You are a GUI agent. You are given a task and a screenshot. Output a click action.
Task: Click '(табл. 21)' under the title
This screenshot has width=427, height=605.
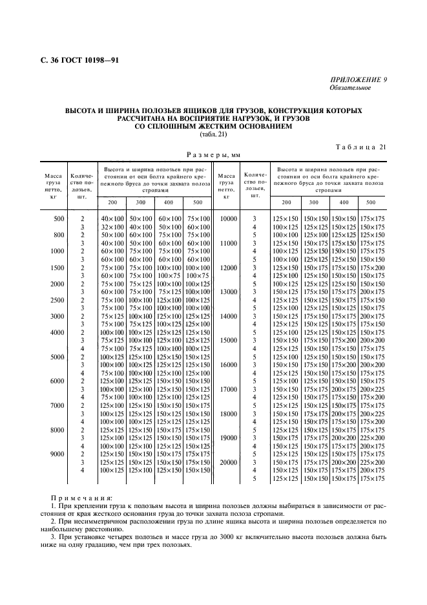tap(213, 134)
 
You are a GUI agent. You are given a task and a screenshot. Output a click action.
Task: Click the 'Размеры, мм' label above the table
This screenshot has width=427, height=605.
tap(213, 154)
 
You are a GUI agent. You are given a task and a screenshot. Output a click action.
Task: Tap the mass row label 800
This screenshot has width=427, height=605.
tap(58, 235)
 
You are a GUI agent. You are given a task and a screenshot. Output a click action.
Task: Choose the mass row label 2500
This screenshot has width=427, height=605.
tap(58, 300)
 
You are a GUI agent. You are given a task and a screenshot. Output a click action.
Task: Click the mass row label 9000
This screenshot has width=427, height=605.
tap(58, 454)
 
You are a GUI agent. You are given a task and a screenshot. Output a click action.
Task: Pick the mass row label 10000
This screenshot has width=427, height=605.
tap(228, 219)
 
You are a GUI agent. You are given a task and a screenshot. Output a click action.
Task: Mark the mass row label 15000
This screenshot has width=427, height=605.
tap(228, 341)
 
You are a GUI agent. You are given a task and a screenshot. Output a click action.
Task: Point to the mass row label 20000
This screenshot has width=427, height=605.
tap(228, 463)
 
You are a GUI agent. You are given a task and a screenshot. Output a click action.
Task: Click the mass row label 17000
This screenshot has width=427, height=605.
tap(228, 389)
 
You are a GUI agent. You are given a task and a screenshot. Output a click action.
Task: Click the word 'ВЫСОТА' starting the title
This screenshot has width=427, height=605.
tap(81, 111)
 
